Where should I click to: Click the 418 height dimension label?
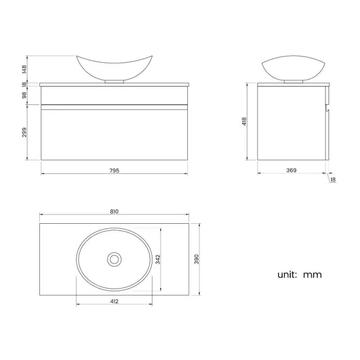244,122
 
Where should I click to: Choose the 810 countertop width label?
115,211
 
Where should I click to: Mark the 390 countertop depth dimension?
196,259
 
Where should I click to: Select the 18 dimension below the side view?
332,179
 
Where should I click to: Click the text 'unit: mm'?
299,274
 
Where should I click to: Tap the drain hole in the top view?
115,259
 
